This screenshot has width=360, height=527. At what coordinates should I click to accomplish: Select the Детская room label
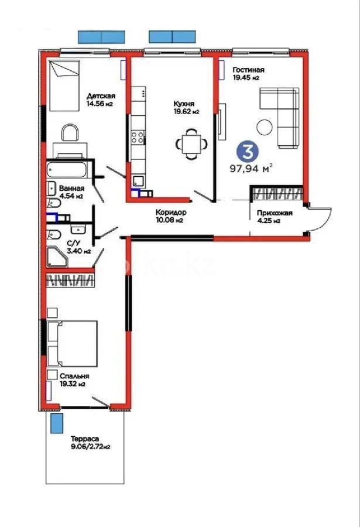101,100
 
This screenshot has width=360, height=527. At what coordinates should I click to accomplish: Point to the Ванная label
71,192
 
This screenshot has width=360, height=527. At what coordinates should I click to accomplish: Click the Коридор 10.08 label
171,216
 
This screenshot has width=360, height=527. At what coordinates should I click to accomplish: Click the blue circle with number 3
247,152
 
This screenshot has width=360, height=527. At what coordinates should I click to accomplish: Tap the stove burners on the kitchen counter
139,138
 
